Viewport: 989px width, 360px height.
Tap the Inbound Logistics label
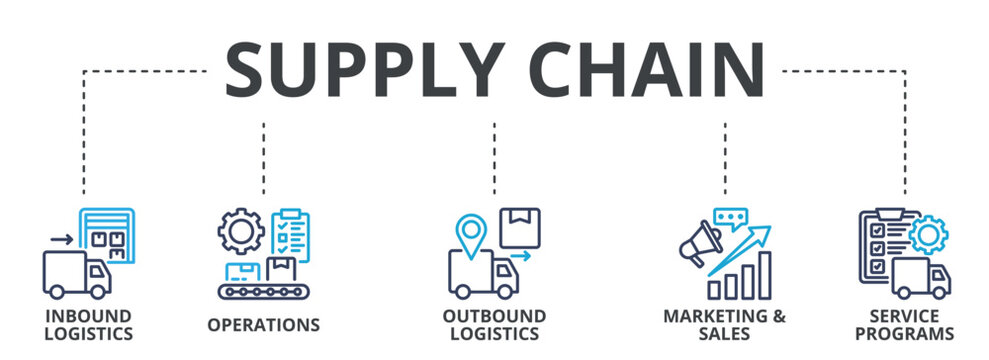[x=88, y=325]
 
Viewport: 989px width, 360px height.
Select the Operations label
[x=263, y=325]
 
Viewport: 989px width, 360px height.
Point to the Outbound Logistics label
[x=494, y=325]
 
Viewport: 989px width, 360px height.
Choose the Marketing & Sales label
[x=724, y=325]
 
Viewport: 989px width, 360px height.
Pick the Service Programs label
[x=904, y=325]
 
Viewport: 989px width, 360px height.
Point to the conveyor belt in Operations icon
[x=264, y=291]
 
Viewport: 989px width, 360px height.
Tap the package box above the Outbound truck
[x=519, y=226]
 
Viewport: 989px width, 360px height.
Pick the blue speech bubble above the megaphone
[x=730, y=217]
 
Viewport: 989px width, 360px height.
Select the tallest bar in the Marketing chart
[x=764, y=275]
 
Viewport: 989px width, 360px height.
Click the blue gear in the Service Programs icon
[x=929, y=236]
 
